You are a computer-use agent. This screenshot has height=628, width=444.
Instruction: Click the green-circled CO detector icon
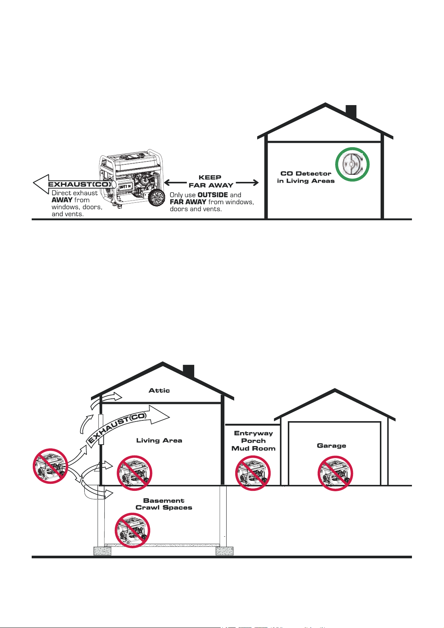click(x=352, y=164)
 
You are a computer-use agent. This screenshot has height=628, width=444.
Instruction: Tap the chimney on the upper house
click(x=351, y=111)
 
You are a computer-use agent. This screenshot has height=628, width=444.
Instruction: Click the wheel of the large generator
click(x=156, y=198)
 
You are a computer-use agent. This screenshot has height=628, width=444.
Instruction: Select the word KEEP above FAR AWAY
click(x=210, y=177)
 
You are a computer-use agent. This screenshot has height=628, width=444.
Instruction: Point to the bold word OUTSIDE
click(x=212, y=195)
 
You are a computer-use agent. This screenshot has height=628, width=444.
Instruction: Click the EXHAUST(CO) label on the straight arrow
click(x=80, y=184)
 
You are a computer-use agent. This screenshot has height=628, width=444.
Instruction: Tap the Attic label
click(x=159, y=390)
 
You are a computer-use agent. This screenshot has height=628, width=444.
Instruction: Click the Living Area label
click(x=159, y=441)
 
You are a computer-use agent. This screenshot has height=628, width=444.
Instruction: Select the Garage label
click(x=331, y=446)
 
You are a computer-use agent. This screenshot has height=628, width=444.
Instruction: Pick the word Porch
click(x=253, y=441)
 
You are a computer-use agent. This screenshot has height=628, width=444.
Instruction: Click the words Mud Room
click(x=253, y=449)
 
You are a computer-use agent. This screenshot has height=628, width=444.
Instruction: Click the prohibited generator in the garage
click(x=335, y=473)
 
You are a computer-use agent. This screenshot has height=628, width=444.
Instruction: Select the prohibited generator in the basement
click(x=132, y=530)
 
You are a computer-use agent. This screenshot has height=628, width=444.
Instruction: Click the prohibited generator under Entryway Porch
click(x=253, y=473)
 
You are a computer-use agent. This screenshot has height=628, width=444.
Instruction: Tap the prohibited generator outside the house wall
click(x=50, y=466)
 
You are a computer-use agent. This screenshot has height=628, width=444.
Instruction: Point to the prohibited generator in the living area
click(x=134, y=473)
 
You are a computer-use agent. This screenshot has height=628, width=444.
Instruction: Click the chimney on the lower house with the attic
click(x=189, y=371)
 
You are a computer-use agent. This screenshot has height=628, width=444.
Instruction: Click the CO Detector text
click(x=306, y=174)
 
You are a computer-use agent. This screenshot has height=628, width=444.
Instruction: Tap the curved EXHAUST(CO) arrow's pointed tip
click(x=169, y=417)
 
